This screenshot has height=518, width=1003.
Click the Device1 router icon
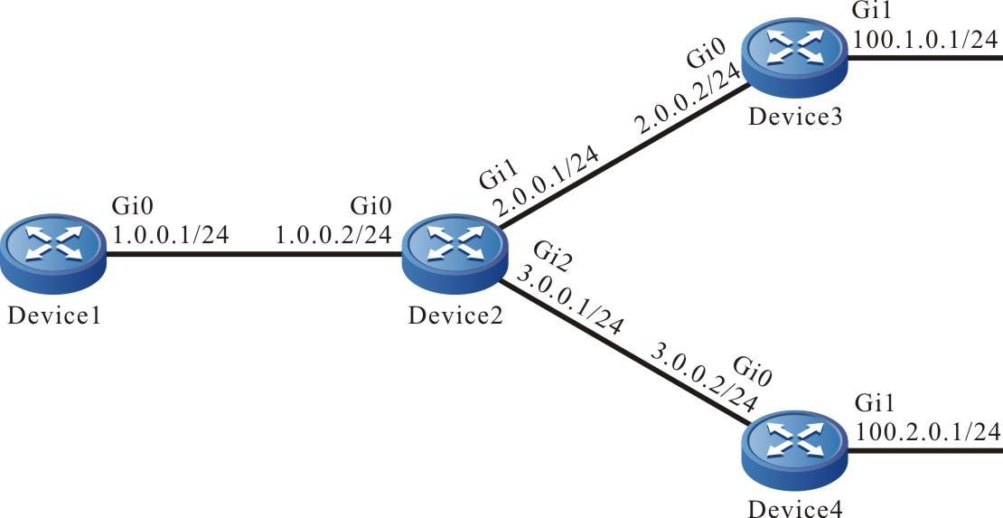pyautogui.click(x=52, y=254)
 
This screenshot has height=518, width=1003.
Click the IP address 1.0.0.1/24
pyautogui.click(x=171, y=235)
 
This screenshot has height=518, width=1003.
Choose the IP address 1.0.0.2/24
pyautogui.click(x=333, y=235)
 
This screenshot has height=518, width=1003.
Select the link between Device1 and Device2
pyautogui.click(x=253, y=254)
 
